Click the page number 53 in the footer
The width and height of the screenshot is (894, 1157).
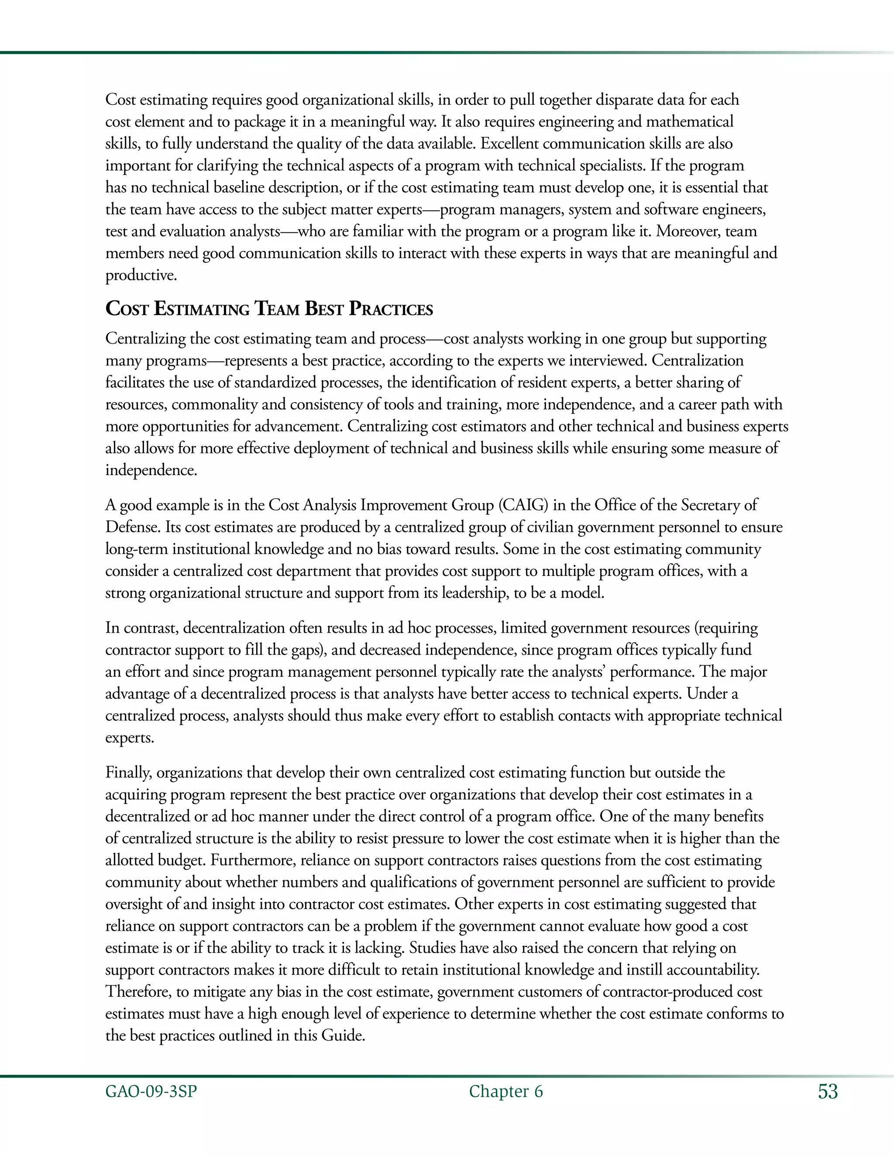[828, 1092]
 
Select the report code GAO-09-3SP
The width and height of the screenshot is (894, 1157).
[151, 1092]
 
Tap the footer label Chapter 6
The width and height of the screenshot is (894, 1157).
[506, 1092]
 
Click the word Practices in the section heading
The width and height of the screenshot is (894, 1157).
[390, 309]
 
